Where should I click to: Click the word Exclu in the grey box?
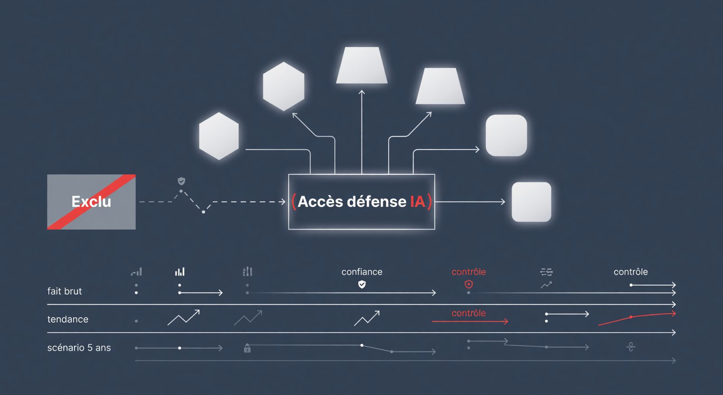[91, 202]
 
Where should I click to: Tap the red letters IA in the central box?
[418, 202]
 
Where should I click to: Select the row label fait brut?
[65, 291]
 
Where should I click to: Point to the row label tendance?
[68, 319]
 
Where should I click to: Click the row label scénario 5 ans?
[79, 348]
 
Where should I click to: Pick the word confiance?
[362, 272]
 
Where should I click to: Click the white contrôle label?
[631, 272]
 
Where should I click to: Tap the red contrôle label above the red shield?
[469, 272]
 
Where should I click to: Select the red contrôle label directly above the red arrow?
[469, 313]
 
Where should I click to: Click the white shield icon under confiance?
[362, 284]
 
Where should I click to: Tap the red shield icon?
[469, 284]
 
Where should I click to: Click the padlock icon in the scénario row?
[247, 348]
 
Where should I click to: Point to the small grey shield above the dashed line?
[181, 181]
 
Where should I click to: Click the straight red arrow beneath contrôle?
[470, 321]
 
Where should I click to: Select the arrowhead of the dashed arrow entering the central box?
[283, 202]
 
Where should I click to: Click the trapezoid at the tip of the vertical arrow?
[362, 65]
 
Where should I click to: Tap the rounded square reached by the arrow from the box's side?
[531, 202]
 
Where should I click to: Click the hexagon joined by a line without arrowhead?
[219, 136]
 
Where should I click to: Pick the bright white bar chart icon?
[180, 272]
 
